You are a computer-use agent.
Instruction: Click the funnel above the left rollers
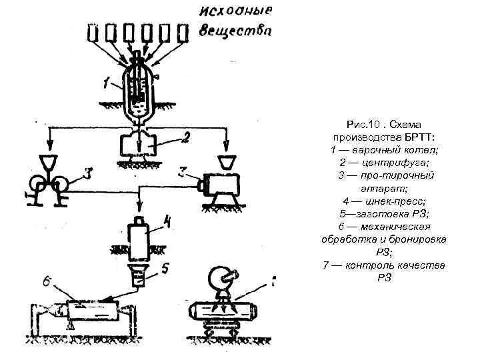[x=49, y=162]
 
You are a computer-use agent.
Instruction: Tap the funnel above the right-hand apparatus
[x=227, y=162]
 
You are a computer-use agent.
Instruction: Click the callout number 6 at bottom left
[x=48, y=283]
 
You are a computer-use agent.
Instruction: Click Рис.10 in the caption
[x=362, y=125]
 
